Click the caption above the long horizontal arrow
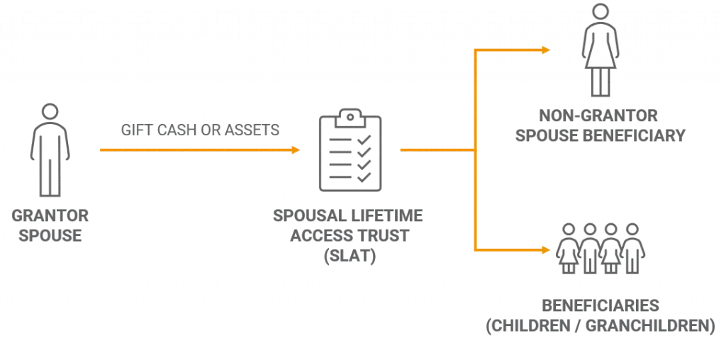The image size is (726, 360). pos(199,128)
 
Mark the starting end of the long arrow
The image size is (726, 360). pos(99,150)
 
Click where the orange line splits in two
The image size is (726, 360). pos(473,150)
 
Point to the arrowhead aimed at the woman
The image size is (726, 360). pos(545,50)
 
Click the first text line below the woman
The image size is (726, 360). pos(598,115)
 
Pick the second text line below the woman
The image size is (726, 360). pos(598,135)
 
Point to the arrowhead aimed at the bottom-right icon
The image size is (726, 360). pos(547,250)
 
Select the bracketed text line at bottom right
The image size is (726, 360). pos(598,327)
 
